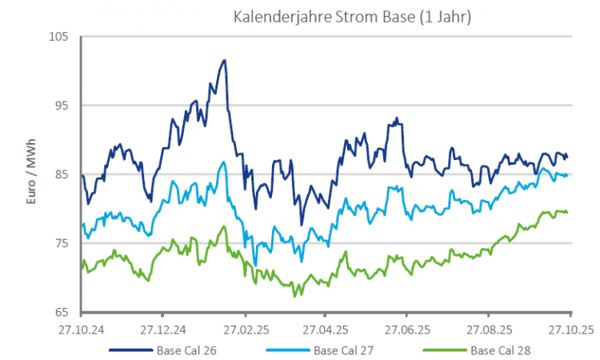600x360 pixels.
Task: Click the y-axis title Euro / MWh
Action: (33, 174)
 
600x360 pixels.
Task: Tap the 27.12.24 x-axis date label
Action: (162, 329)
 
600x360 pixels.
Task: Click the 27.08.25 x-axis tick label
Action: (489, 329)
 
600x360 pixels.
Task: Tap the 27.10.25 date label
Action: (570, 329)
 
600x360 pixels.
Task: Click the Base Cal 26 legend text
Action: (186, 350)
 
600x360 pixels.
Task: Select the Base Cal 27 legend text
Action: (343, 350)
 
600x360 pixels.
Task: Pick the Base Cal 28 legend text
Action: (501, 350)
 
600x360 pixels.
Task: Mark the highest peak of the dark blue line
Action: (225, 60)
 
